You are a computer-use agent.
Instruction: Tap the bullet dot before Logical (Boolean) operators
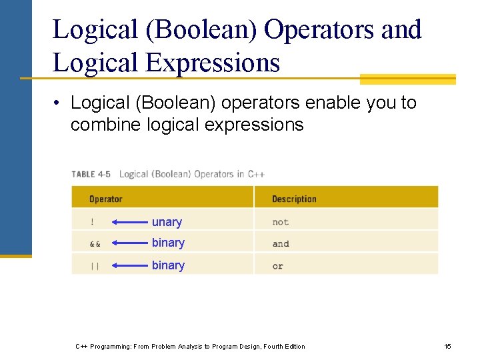tap(59, 103)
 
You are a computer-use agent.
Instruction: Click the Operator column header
tap(105, 199)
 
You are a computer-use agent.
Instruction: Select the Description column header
tap(294, 199)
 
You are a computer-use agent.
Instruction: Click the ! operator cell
tap(92, 222)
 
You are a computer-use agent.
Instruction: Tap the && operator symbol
tap(95, 244)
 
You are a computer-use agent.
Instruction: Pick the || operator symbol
tap(94, 266)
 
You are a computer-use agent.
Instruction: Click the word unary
tap(167, 222)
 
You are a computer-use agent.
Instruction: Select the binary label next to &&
tap(168, 243)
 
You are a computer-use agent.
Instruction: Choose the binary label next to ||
tap(168, 265)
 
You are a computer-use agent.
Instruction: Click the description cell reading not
tap(280, 222)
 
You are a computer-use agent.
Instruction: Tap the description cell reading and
tap(281, 244)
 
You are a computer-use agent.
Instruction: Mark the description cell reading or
tap(277, 266)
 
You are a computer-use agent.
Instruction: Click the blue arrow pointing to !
tap(129, 222)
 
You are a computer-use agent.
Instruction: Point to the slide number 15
tap(448, 346)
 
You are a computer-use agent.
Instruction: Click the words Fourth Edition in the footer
tap(284, 346)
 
